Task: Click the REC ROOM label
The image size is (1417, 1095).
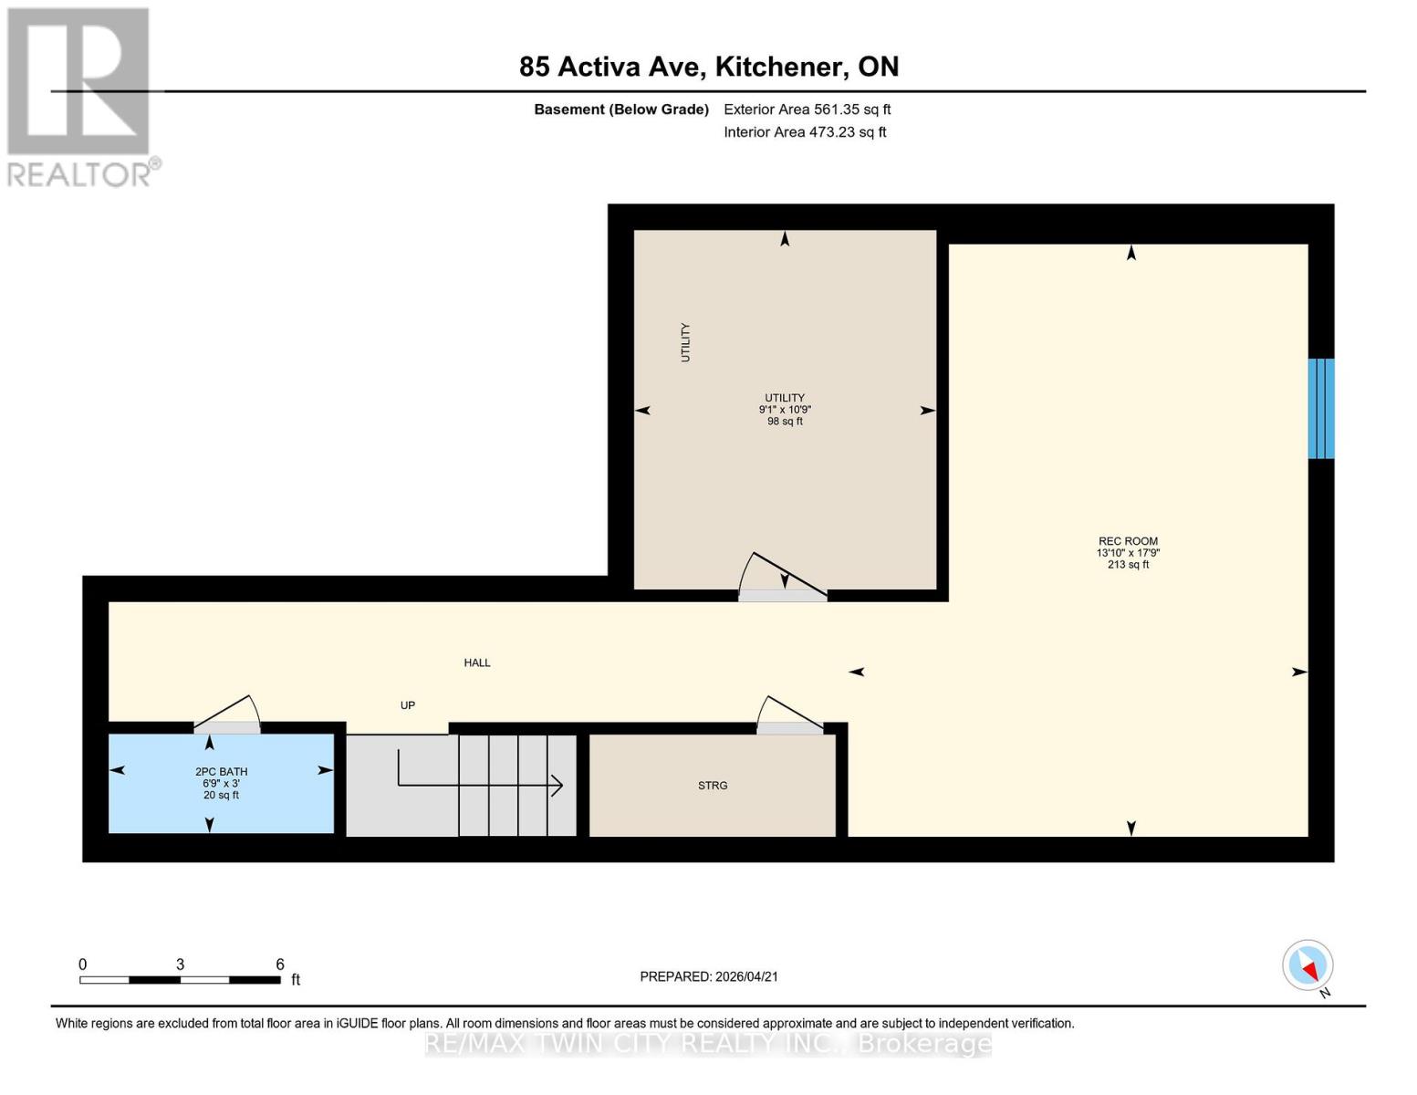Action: (x=1128, y=541)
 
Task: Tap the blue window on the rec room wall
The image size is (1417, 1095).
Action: (x=1320, y=409)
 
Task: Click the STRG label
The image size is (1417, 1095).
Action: (x=713, y=786)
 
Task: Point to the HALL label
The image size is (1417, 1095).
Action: (x=477, y=663)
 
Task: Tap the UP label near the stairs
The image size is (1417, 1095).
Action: (x=408, y=705)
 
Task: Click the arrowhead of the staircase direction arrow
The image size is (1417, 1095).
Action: (x=557, y=785)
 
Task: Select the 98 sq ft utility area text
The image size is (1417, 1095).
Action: (x=785, y=422)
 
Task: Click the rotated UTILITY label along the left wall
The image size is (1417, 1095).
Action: (x=685, y=342)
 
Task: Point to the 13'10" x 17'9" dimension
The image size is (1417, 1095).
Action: (x=1128, y=553)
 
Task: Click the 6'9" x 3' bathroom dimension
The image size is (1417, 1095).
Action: (x=221, y=784)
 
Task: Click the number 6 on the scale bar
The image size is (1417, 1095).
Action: (x=280, y=965)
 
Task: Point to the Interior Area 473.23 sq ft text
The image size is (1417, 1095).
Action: (x=805, y=132)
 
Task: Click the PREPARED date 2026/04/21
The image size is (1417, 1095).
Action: (x=709, y=976)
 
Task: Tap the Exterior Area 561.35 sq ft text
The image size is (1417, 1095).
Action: (x=807, y=109)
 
